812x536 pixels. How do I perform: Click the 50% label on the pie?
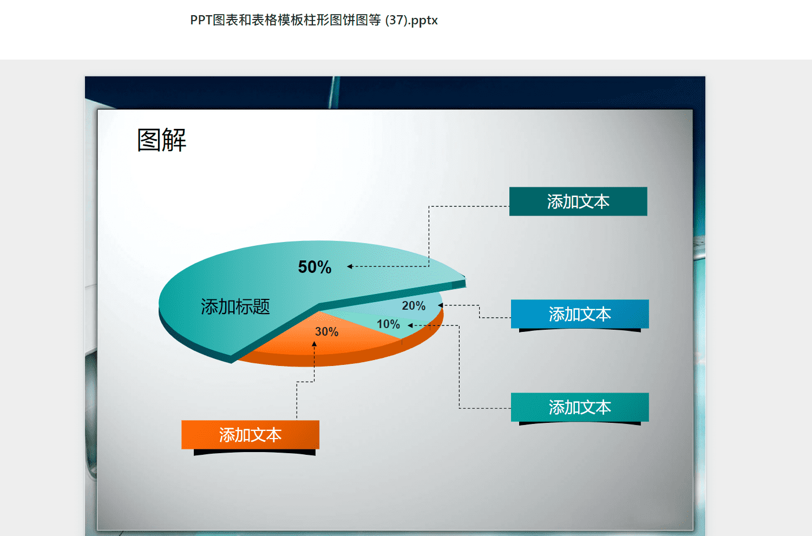pos(315,267)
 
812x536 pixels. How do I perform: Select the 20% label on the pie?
pos(414,306)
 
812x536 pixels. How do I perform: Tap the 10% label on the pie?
pos(388,324)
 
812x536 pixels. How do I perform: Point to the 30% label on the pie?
pos(326,331)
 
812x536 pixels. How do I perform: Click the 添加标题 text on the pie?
pos(235,306)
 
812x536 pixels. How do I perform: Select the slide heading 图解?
pos(162,140)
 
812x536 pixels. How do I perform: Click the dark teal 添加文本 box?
pos(578,201)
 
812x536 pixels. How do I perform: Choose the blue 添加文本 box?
pos(580,314)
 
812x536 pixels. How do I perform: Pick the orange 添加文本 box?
pos(251,435)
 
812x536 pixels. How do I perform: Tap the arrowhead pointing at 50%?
pos(350,266)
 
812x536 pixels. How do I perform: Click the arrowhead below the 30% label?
pos(315,344)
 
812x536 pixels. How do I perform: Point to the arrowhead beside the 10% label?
pos(410,325)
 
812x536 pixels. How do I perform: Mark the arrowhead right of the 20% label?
pos(441,305)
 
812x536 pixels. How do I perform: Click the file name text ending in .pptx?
pos(314,20)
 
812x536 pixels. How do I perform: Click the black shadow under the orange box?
pos(254,452)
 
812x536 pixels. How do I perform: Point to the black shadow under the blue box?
pos(580,330)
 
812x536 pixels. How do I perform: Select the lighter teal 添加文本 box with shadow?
pos(580,407)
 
